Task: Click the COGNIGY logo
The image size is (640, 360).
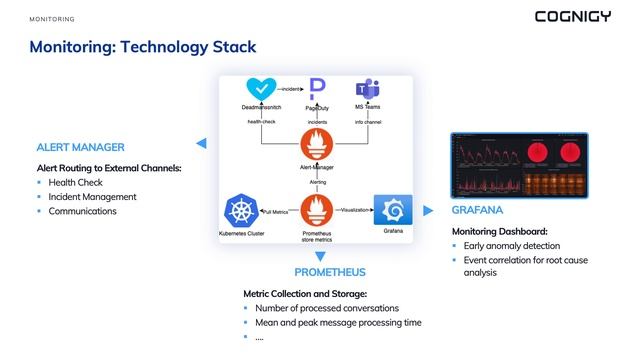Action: tap(572, 16)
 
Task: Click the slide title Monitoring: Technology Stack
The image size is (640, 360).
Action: tap(142, 47)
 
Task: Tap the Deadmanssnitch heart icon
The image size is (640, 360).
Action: tap(261, 90)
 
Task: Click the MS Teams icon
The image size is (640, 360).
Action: tap(368, 89)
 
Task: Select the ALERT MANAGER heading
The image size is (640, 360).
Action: tap(80, 148)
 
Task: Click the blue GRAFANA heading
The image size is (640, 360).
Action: tap(477, 211)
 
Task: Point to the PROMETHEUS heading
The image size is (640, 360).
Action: tap(330, 272)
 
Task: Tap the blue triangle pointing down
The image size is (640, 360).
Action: tap(319, 257)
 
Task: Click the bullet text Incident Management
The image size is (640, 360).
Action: tap(92, 197)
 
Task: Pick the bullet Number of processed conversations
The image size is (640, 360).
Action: tap(327, 308)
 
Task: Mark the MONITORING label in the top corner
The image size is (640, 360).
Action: tap(52, 19)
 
